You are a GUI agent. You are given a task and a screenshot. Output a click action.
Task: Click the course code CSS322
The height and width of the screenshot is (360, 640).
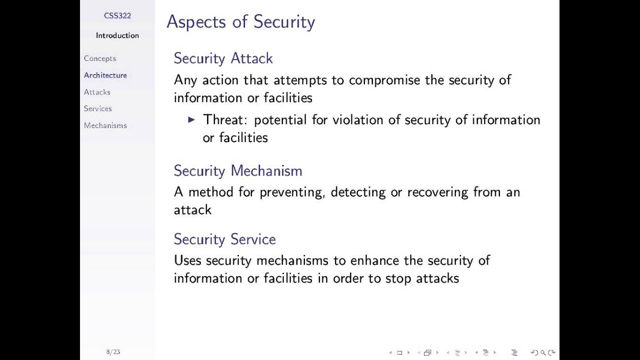117,15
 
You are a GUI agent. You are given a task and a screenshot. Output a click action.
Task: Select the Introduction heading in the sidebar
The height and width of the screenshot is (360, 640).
117,35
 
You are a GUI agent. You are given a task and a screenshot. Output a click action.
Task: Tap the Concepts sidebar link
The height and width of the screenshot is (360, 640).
100,58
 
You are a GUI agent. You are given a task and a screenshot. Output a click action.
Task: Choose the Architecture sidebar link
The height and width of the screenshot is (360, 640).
105,75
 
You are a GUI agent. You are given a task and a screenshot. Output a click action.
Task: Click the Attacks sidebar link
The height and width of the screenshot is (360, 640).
97,92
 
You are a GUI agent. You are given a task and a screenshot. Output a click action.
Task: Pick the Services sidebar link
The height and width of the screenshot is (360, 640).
98,108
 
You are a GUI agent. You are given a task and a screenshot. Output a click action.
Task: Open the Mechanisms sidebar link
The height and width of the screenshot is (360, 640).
105,125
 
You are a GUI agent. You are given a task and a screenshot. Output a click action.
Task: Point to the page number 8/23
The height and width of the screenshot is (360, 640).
113,352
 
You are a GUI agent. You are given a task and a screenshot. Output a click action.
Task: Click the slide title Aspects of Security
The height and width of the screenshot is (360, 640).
240,22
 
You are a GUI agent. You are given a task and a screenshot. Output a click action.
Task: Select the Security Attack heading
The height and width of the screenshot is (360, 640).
223,58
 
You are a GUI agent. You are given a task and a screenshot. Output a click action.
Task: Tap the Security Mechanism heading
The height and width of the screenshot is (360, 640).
238,171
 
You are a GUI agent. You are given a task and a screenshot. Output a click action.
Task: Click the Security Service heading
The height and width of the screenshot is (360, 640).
224,239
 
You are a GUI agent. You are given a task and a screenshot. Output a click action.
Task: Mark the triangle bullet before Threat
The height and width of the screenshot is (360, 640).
191,119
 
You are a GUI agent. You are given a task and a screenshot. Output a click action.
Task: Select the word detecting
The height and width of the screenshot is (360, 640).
358,192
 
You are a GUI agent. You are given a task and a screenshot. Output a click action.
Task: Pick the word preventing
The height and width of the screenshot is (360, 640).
292,192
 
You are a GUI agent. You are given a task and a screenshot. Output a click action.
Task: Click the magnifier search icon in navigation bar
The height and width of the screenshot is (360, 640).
543,352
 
